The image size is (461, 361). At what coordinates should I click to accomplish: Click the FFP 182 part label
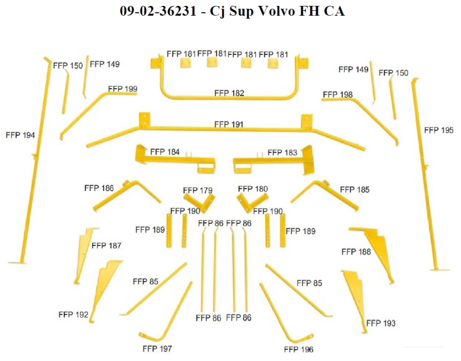(229, 94)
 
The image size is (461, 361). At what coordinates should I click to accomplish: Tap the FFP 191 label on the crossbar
(229, 125)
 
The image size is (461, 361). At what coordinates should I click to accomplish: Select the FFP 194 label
(20, 135)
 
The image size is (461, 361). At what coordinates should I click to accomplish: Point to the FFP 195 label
(438, 130)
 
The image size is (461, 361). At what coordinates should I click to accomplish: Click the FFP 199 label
(122, 89)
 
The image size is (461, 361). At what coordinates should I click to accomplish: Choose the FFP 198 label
(338, 94)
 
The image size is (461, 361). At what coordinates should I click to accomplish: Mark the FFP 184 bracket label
(165, 152)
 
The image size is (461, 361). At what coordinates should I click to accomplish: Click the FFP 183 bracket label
(282, 153)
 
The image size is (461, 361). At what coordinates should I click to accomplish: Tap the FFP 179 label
(198, 191)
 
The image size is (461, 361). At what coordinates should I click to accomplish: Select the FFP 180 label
(253, 189)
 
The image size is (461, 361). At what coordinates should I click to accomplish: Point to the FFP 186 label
(99, 188)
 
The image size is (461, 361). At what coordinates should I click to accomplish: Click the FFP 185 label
(355, 190)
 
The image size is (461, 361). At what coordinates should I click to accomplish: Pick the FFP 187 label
(106, 245)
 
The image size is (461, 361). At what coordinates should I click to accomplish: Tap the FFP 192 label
(73, 314)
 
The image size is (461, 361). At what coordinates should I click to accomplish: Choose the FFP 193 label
(381, 323)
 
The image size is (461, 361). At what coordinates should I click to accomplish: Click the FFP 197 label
(157, 348)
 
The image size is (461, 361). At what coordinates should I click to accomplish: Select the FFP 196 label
(298, 349)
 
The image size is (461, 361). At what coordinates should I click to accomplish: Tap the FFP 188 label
(356, 252)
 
